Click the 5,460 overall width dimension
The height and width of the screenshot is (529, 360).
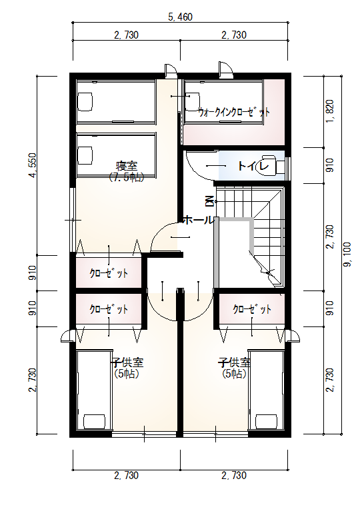(x=180, y=17)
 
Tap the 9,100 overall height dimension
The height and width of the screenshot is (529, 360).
(x=347, y=255)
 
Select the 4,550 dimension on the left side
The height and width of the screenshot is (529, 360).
(x=33, y=165)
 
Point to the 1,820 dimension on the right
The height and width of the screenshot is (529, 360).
(x=330, y=111)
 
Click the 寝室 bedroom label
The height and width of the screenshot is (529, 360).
(x=127, y=166)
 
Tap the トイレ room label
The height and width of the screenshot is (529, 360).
(x=253, y=166)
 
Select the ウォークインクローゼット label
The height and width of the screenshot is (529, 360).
(x=234, y=112)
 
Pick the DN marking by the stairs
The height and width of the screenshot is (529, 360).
(x=210, y=201)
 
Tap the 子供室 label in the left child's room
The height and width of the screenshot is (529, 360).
(x=127, y=362)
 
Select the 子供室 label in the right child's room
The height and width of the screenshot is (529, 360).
(x=235, y=362)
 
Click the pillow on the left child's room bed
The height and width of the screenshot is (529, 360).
(x=94, y=421)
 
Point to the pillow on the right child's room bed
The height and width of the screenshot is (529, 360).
(x=267, y=421)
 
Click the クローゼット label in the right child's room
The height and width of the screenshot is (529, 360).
(x=252, y=309)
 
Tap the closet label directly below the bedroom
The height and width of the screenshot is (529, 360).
(x=109, y=272)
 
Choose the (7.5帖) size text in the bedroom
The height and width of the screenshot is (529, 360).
(x=127, y=177)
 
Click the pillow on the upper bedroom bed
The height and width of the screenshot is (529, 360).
(x=85, y=101)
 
